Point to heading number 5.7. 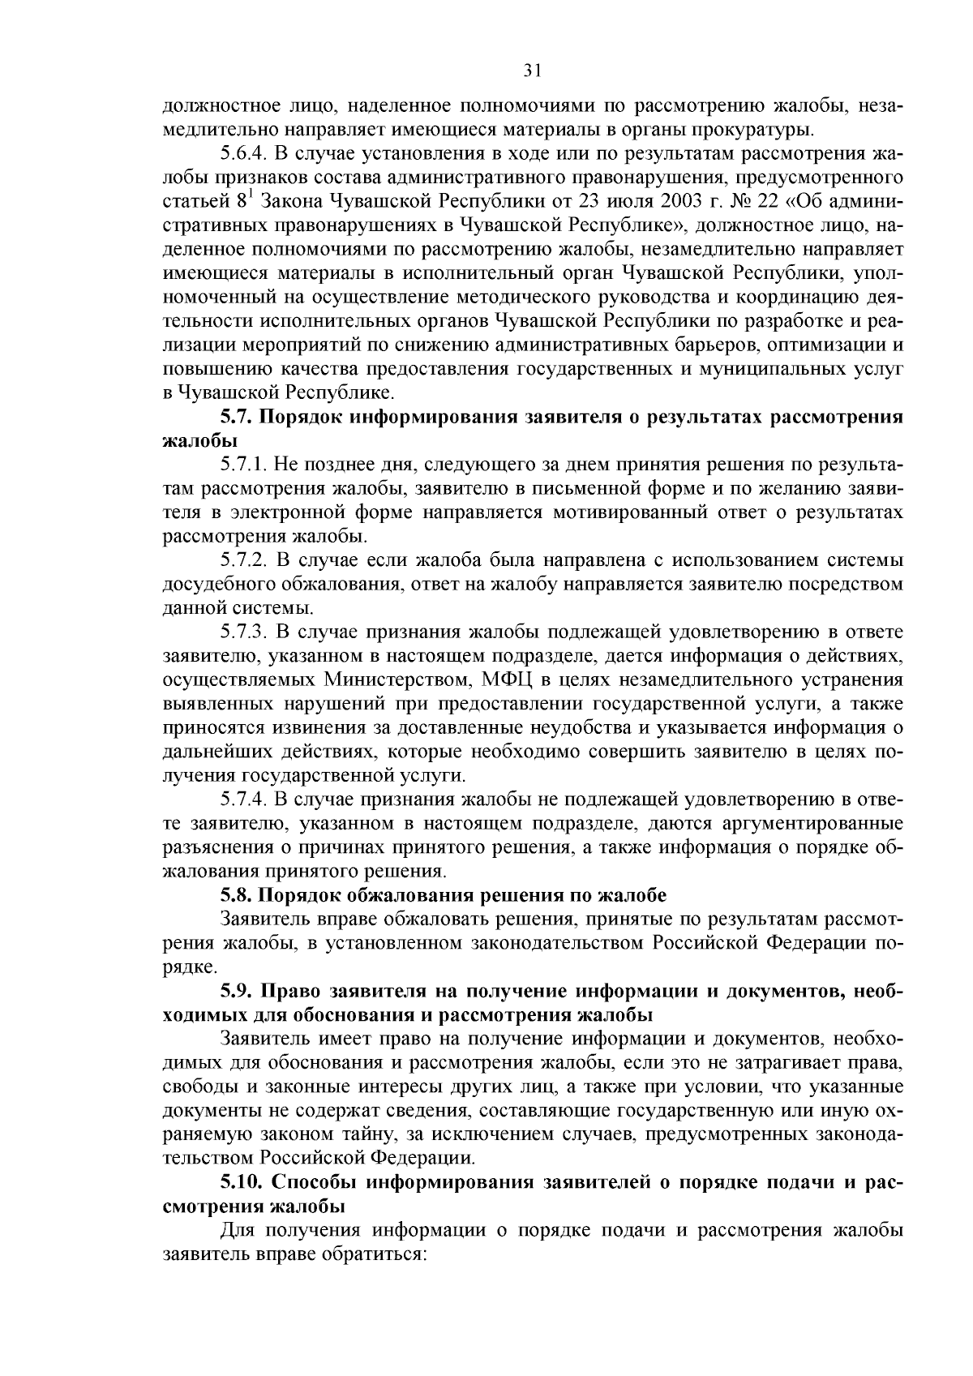click(x=238, y=418)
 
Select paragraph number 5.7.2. click(x=244, y=560)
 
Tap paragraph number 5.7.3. click(x=244, y=632)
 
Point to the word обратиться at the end click(x=381, y=1253)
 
